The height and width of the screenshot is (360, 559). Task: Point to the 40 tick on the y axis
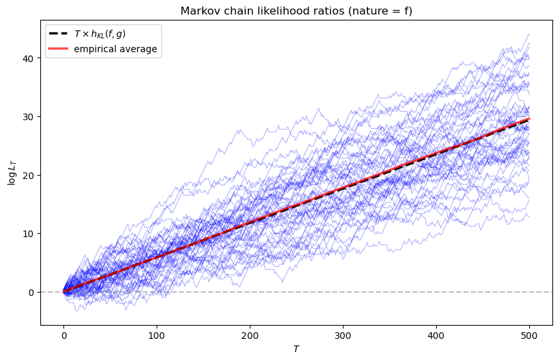tap(30, 58)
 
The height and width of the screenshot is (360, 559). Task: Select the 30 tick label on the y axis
tap(30, 117)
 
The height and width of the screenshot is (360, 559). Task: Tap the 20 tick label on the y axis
tap(30, 175)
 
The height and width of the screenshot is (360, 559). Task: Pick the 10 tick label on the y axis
tap(30, 234)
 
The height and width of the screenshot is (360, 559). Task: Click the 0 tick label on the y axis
tap(33, 292)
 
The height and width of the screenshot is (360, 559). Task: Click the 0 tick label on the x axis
tap(63, 336)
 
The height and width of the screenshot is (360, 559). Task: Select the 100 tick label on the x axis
tap(157, 336)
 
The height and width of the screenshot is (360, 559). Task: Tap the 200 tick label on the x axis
tap(250, 336)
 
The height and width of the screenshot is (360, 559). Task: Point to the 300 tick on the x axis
tap(343, 336)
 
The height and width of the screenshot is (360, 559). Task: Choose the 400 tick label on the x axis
tap(436, 336)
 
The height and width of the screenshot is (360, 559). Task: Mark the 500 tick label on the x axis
tap(529, 336)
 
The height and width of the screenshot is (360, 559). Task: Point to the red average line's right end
tap(529, 119)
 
